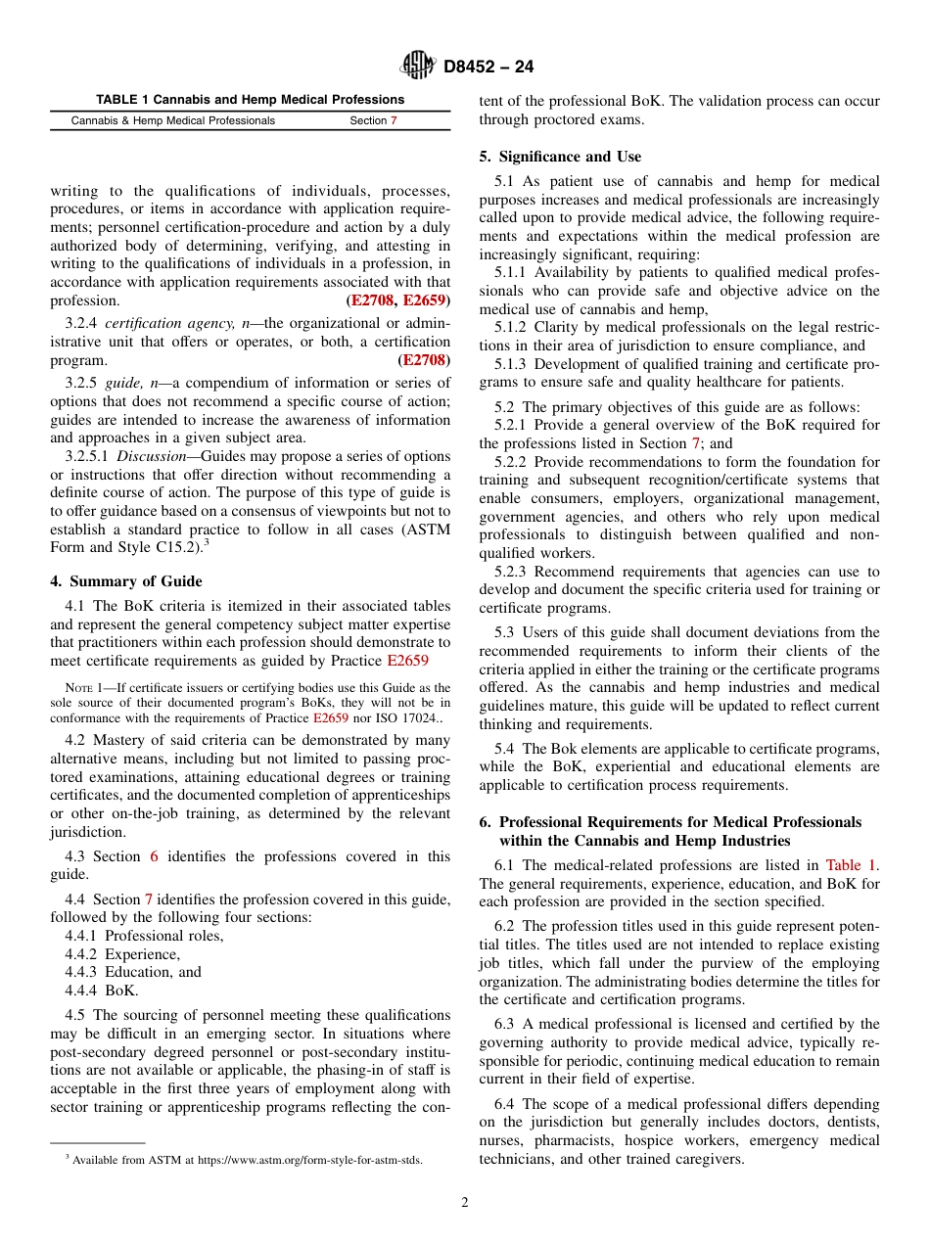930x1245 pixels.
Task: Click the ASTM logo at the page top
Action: coord(418,67)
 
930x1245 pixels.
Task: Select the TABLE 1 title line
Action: coord(250,100)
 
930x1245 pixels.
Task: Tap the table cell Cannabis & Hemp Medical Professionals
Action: coord(173,121)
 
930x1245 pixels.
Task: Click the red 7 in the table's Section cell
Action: coord(394,121)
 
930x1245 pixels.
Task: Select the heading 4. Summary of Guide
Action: coord(126,581)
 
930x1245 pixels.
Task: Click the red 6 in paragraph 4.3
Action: coord(154,856)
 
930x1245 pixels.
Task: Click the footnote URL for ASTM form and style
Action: coord(309,1160)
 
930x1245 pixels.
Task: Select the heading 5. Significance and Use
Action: coord(560,157)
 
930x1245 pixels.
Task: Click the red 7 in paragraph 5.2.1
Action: coord(696,443)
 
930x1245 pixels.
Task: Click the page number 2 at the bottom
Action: coord(465,1203)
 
